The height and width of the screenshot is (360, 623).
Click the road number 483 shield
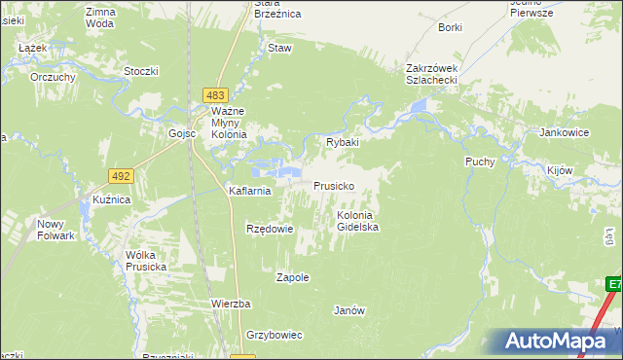(216, 94)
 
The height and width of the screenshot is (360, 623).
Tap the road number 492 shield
(121, 176)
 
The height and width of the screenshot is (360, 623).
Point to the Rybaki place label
(343, 142)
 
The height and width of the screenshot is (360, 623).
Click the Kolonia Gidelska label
(357, 221)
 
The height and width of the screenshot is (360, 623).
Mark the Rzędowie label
(270, 230)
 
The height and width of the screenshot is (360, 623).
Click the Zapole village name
(293, 277)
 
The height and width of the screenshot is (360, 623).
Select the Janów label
(348, 311)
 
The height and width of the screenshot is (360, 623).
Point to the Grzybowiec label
(275, 335)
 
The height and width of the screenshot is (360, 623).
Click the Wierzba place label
(233, 304)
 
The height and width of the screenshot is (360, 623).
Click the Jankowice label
(565, 132)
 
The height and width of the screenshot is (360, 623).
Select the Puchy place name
(480, 162)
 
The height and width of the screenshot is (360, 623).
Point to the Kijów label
(559, 170)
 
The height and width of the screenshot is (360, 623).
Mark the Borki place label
(450, 28)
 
